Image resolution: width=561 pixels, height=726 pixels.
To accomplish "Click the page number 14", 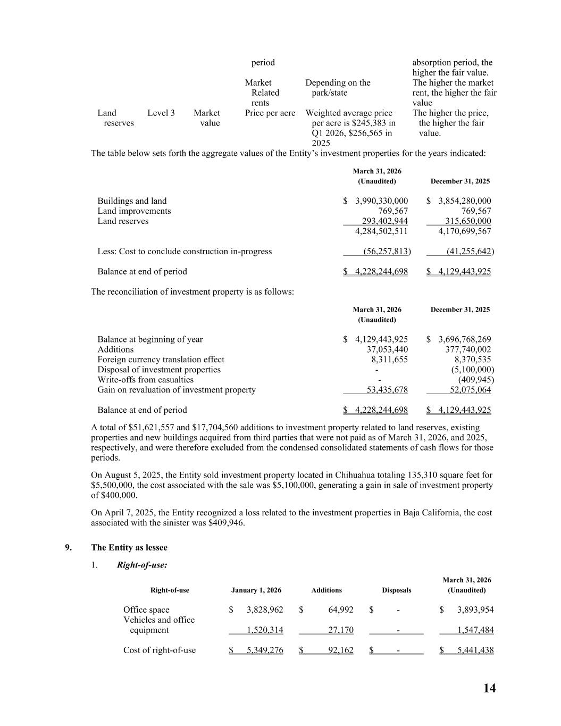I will [489, 688].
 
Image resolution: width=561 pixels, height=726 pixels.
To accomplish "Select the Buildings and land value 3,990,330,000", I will [381, 201].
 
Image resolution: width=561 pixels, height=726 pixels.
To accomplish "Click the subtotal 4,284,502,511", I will [381, 231].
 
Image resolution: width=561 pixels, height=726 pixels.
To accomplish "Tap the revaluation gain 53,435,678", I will [387, 390].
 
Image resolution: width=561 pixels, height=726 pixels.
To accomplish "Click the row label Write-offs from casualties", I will [145, 380].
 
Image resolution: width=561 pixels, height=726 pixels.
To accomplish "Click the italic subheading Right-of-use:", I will [142, 565].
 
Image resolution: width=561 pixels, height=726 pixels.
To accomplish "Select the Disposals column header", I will [396, 590].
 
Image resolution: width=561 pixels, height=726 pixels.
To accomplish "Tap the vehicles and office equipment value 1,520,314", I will [265, 630].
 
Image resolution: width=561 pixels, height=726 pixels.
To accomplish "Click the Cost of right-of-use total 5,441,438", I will [475, 650].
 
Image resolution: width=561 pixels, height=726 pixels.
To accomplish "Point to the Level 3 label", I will [161, 113].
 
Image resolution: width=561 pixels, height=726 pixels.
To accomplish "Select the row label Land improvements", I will [134, 211].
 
